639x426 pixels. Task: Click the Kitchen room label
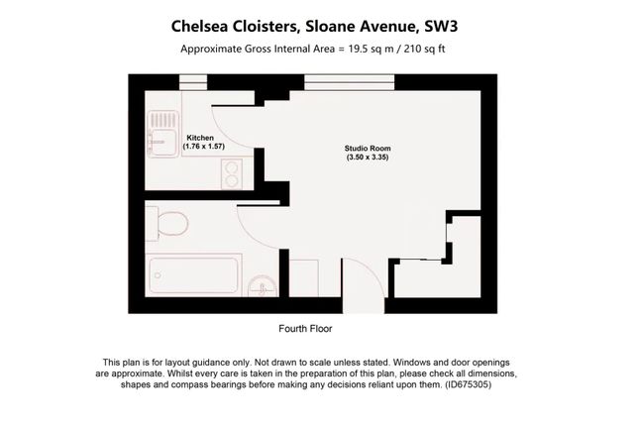[201, 137]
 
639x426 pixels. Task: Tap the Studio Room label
[360, 149]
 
